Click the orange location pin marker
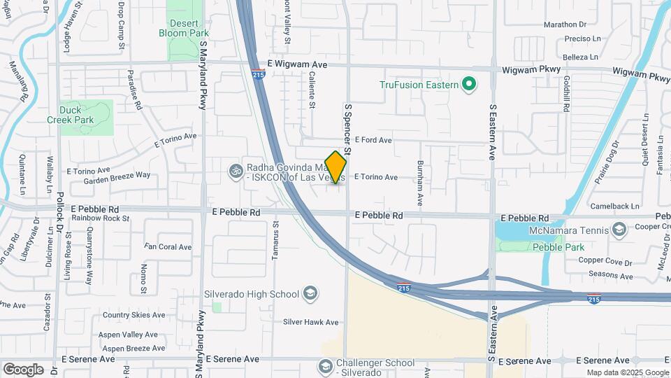[x=335, y=167]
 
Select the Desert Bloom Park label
[x=184, y=28]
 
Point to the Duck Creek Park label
[x=76, y=115]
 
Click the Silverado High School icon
[x=311, y=293]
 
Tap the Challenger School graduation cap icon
[x=325, y=367]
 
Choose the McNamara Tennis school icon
[x=619, y=230]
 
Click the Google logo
[x=23, y=370]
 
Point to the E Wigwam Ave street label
[x=297, y=64]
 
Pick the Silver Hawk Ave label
[x=310, y=323]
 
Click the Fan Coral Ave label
[x=168, y=247]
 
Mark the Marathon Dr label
[x=565, y=24]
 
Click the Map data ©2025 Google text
[x=627, y=372]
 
